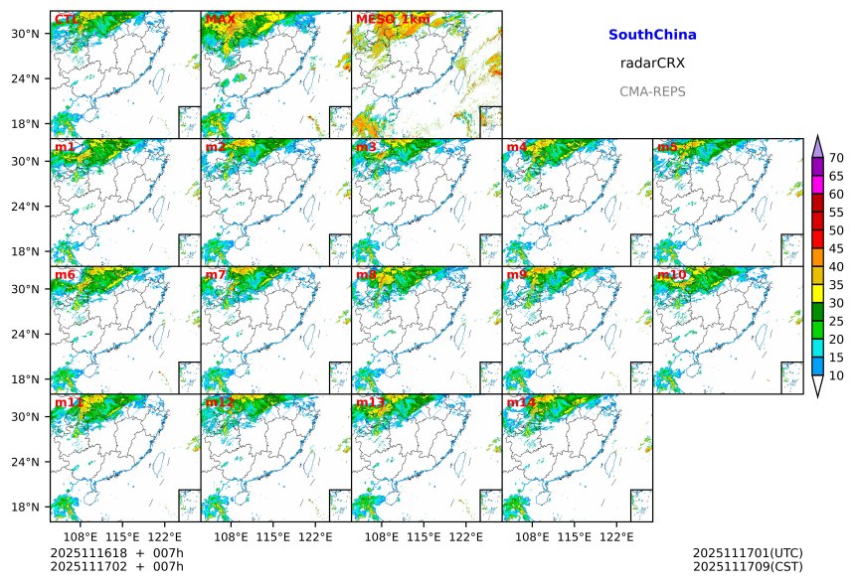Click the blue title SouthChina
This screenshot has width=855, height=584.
tap(652, 35)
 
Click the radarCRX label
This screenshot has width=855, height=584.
tap(652, 64)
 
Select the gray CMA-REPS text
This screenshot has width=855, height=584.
tap(652, 91)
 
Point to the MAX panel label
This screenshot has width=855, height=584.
tap(220, 19)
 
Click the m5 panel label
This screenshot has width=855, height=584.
tap(667, 147)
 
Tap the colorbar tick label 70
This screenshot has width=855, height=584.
tap(836, 158)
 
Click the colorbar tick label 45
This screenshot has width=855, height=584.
tap(836, 248)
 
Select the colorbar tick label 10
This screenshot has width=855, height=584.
tap(836, 375)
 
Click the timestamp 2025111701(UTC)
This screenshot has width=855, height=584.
tap(748, 553)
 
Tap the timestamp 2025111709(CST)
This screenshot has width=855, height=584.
tap(748, 566)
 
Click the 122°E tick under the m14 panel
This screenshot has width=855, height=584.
tap(616, 537)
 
